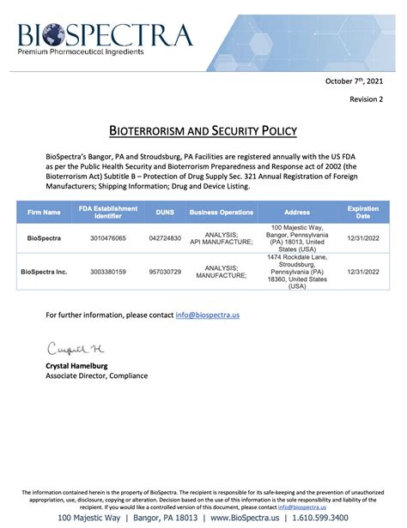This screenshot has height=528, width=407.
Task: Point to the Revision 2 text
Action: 367,99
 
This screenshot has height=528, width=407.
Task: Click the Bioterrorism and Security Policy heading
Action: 203,131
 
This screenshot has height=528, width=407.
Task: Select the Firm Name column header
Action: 44,212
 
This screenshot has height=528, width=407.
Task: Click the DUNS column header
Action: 165,212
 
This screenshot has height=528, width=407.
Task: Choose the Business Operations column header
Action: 221,212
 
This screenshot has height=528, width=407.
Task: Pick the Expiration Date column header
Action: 362,212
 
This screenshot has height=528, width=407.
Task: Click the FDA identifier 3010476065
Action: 102,237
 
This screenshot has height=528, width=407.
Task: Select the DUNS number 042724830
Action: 165,237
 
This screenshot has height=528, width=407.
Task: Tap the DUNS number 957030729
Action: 165,272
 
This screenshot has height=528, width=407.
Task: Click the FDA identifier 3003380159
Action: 102,272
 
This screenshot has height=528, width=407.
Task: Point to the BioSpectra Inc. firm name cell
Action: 44,272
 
